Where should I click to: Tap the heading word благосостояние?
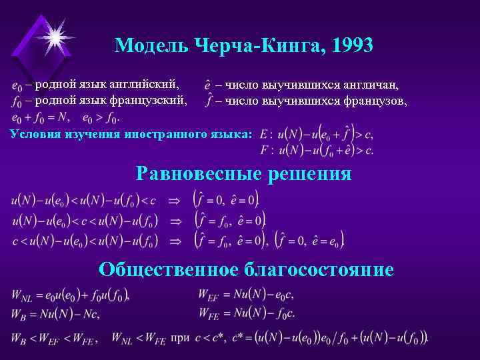(x=319, y=269)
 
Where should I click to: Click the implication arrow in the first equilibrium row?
(x=175, y=199)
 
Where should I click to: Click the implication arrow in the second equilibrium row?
(x=175, y=220)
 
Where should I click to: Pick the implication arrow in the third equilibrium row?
(x=175, y=240)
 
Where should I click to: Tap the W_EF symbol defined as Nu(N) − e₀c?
(x=209, y=294)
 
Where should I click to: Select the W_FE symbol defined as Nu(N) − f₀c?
(x=209, y=313)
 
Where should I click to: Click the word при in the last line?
(x=181, y=338)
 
